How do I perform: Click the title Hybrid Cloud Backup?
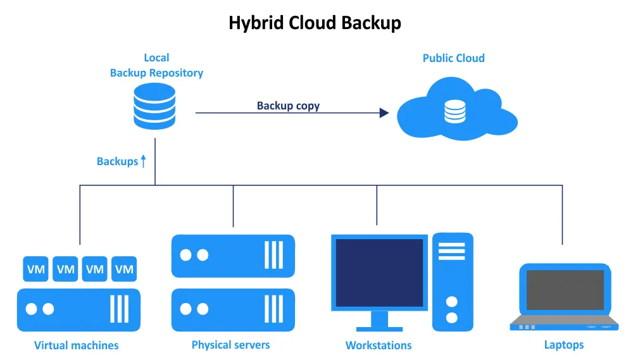click(315, 23)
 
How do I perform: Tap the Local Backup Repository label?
click(156, 65)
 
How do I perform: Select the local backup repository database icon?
click(154, 106)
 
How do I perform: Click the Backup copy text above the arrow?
click(288, 106)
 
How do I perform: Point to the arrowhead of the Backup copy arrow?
click(384, 113)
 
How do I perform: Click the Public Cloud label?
click(453, 58)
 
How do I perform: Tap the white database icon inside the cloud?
click(454, 111)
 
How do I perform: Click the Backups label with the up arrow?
click(121, 161)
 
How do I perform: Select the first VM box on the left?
click(36, 269)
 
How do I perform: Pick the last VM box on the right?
click(124, 269)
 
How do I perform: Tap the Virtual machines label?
click(76, 345)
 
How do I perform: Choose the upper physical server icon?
click(233, 256)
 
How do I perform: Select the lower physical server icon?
click(233, 309)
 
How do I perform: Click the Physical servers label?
click(230, 345)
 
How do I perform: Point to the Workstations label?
click(378, 345)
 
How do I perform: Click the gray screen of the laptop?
click(565, 290)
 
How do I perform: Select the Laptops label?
click(563, 345)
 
